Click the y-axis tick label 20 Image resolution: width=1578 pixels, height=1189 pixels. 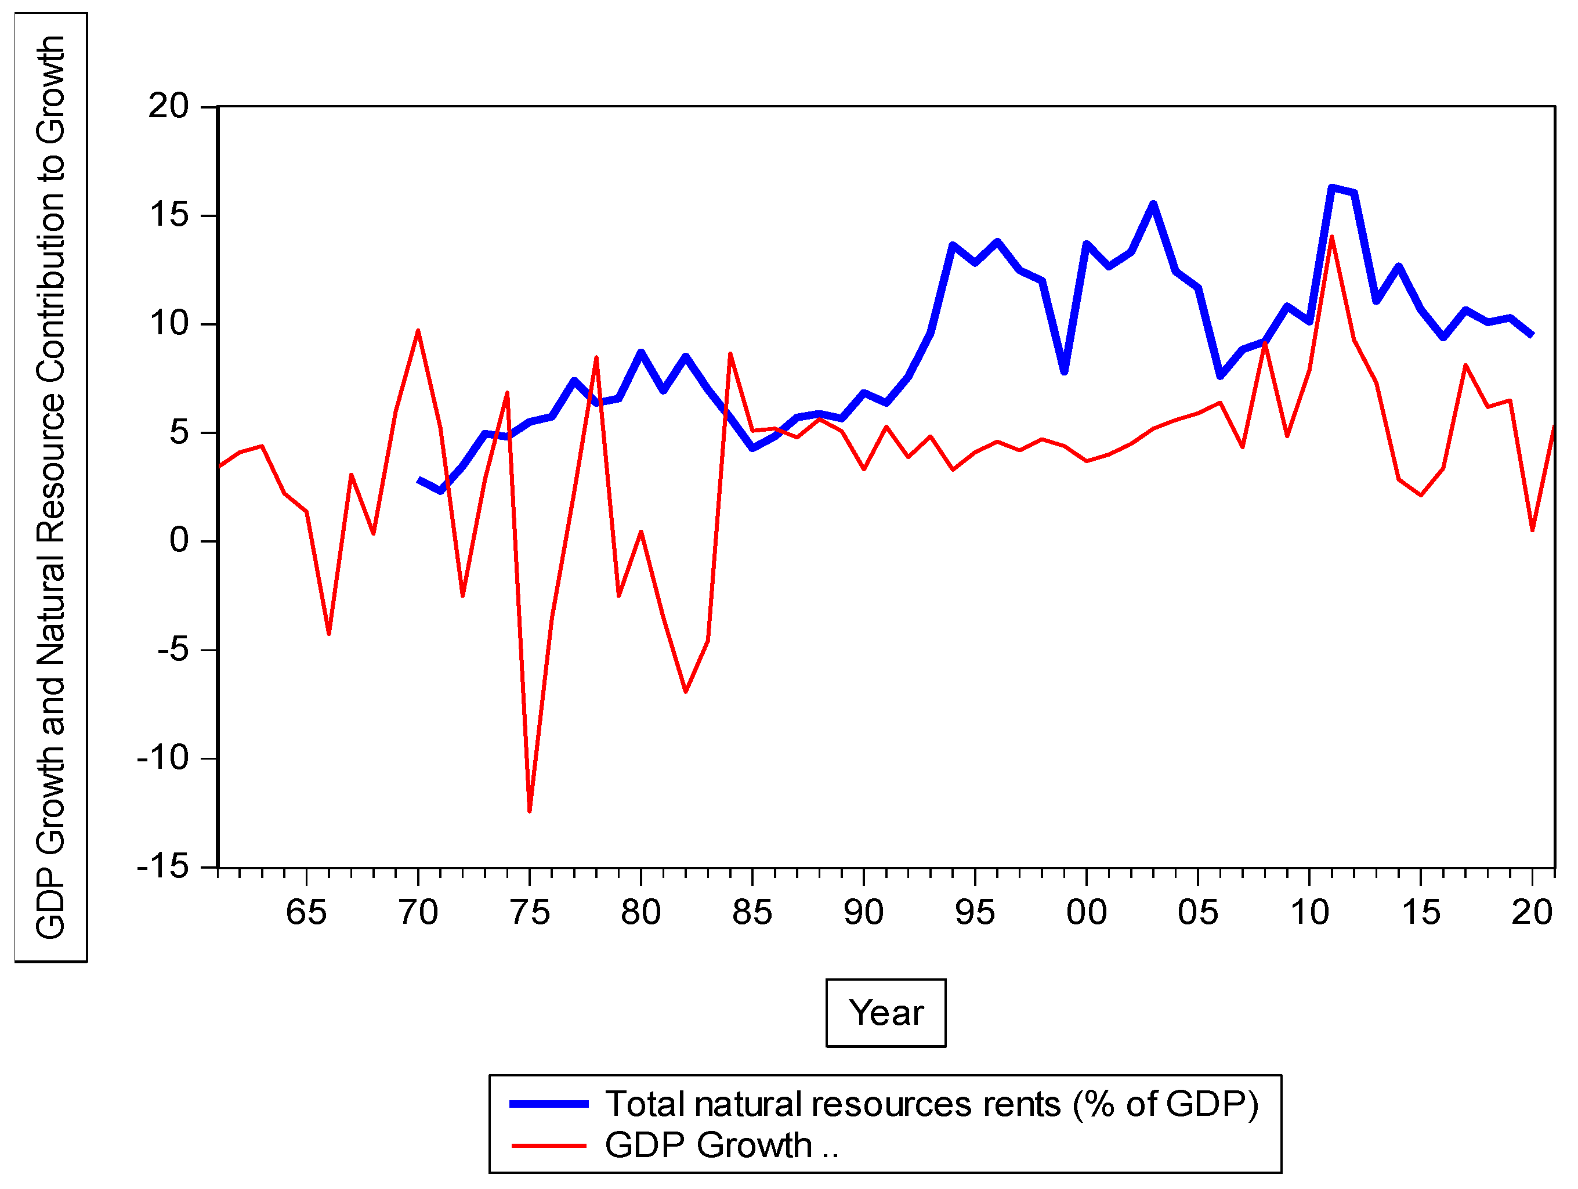click(x=168, y=106)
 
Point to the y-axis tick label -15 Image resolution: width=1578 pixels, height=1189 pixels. click(x=164, y=867)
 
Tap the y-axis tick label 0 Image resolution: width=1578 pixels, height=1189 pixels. click(x=179, y=540)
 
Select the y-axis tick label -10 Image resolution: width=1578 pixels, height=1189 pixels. click(x=164, y=758)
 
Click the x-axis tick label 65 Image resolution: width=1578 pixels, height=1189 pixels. click(x=306, y=913)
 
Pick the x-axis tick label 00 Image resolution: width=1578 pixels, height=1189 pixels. click(x=1087, y=913)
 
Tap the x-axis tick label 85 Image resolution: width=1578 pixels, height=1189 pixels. click(x=752, y=913)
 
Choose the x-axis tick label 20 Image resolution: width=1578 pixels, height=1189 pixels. click(x=1532, y=913)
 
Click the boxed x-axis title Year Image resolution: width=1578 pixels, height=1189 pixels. click(x=885, y=1013)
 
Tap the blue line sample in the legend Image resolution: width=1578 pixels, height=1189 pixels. click(x=549, y=1104)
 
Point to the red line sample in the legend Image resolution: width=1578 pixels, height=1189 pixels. click(x=549, y=1145)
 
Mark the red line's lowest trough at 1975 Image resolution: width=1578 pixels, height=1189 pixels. click(x=529, y=811)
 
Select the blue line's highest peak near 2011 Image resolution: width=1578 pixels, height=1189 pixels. click(x=1331, y=187)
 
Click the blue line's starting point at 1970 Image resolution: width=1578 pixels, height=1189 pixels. click(x=419, y=480)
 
